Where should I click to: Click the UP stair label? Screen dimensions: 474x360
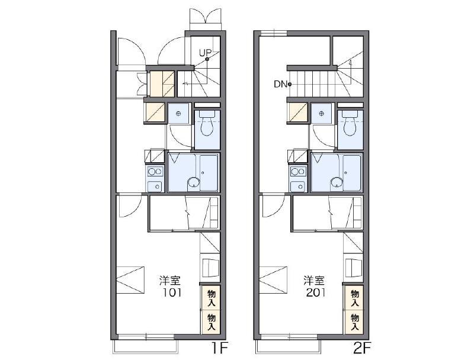[205, 53]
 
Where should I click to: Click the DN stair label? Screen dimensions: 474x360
[280, 84]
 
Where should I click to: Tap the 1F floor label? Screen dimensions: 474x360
[219, 349]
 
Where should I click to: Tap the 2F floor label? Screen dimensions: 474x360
[361, 349]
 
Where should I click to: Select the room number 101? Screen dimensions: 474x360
[172, 292]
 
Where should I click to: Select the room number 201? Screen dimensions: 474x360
[316, 292]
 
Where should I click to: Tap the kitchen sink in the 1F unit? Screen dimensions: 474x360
[155, 186]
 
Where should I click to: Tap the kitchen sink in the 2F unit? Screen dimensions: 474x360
[299, 186]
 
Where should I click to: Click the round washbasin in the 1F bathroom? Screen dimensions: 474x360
[194, 183]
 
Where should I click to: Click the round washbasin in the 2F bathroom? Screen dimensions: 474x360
[337, 183]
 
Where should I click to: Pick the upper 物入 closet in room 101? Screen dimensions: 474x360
[211, 297]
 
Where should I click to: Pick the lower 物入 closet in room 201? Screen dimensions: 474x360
[354, 322]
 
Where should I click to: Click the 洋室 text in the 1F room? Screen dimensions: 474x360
[170, 281]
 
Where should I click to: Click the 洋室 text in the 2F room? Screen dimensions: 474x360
[314, 281]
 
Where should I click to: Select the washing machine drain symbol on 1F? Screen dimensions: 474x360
[178, 114]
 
